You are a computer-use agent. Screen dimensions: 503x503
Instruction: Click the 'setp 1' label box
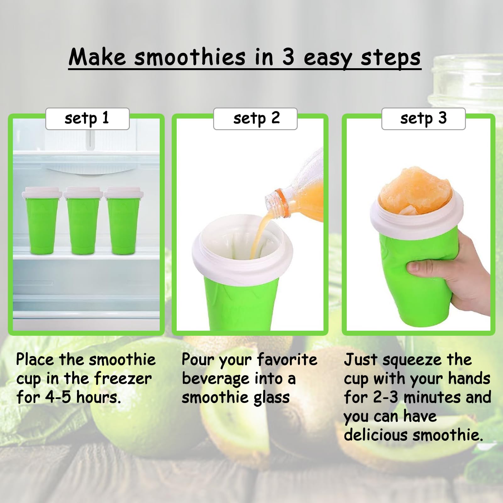[x=87, y=119]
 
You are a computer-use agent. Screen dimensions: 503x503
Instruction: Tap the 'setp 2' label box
[x=255, y=119]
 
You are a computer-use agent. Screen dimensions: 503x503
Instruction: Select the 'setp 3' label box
[x=423, y=119]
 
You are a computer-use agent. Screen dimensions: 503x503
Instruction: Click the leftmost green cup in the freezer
[x=42, y=223]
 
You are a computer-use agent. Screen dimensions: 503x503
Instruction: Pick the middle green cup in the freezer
[x=83, y=223]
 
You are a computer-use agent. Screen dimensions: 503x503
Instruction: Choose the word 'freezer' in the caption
[x=123, y=379]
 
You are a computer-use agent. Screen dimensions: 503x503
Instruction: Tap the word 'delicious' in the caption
[x=376, y=435]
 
